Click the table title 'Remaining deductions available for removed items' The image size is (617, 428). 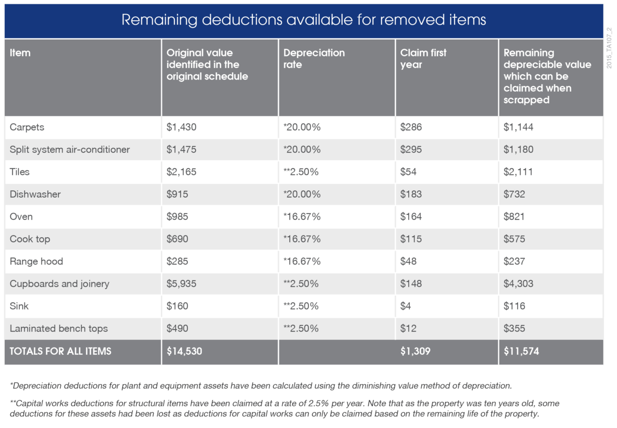[x=304, y=20]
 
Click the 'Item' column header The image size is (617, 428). [x=20, y=53]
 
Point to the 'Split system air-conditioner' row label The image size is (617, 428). [x=70, y=149]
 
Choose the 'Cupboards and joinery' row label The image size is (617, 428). [x=59, y=284]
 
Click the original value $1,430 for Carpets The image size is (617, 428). [x=182, y=127]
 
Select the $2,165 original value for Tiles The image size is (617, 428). [x=182, y=172]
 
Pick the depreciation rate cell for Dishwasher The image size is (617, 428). [x=302, y=194]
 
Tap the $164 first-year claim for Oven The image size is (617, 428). [x=411, y=216]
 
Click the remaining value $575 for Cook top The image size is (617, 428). [x=514, y=239]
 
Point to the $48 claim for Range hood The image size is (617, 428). [x=408, y=261]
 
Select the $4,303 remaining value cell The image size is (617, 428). [x=518, y=284]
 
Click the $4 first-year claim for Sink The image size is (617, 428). [x=406, y=306]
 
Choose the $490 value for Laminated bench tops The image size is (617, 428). [x=177, y=329]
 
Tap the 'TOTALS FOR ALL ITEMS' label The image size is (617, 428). [x=60, y=351]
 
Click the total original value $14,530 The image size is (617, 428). [x=184, y=351]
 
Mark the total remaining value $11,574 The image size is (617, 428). [x=521, y=351]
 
